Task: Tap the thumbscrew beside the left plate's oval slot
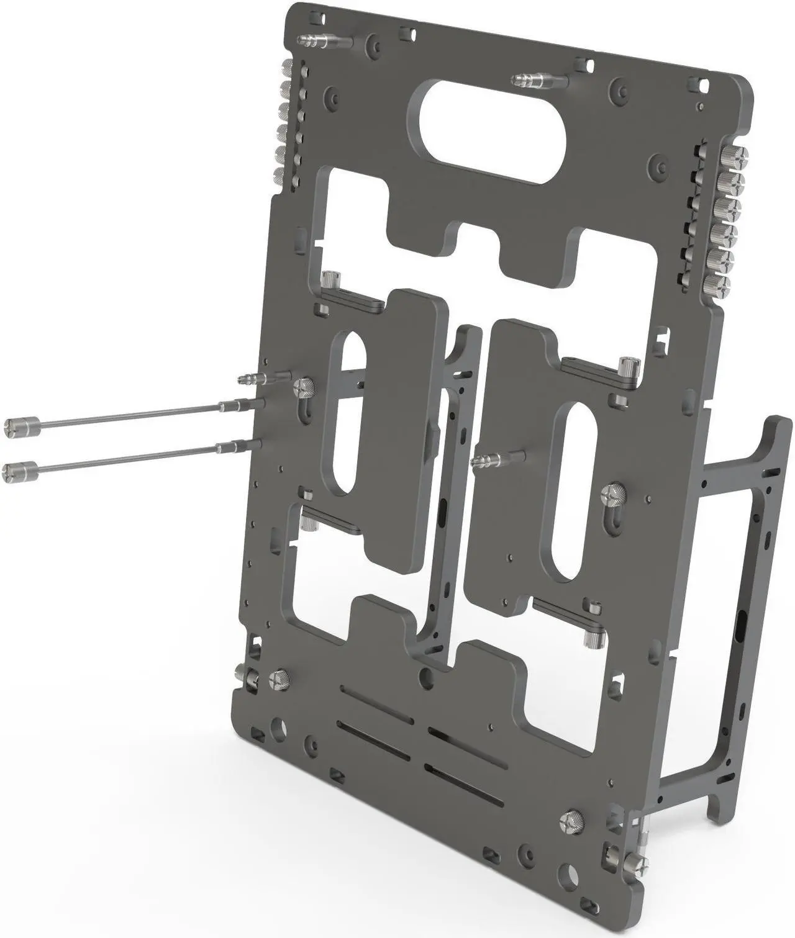click(305, 389)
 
